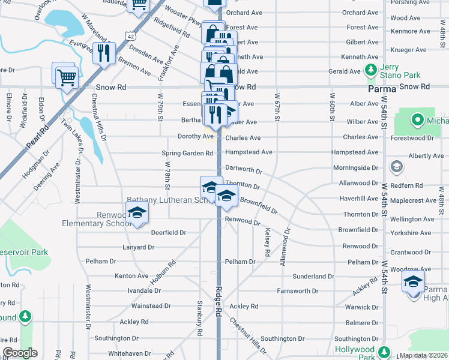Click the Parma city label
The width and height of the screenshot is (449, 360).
click(381, 89)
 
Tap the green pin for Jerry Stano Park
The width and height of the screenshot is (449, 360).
click(370, 71)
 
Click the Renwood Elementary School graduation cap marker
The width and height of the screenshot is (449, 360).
click(137, 213)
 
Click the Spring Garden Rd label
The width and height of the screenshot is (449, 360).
click(187, 153)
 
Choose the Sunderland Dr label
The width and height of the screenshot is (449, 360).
click(313, 277)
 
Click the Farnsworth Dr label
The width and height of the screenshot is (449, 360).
click(298, 291)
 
